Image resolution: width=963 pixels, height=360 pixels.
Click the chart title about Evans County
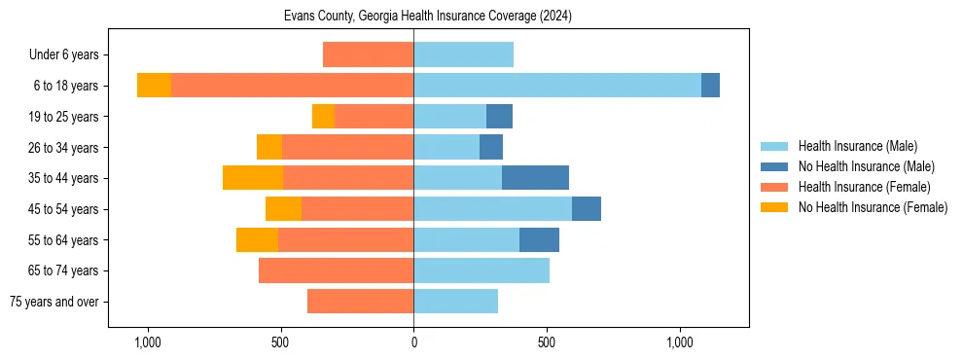[x=429, y=17]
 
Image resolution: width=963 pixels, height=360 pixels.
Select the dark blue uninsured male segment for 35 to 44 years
[x=535, y=178]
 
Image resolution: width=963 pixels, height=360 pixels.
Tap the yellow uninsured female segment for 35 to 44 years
[x=253, y=178]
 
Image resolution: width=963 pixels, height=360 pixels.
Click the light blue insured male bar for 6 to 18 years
[x=557, y=86]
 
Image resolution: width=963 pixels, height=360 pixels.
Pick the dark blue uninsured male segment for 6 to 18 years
[x=710, y=86]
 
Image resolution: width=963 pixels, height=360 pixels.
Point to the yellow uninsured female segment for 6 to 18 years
[x=154, y=86]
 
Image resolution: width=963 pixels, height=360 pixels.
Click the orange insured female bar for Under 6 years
[x=368, y=54]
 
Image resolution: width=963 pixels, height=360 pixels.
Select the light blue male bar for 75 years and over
[x=455, y=302]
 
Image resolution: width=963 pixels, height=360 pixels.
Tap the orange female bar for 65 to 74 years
[x=336, y=270]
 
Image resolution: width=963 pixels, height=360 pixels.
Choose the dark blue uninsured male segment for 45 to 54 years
[x=587, y=209]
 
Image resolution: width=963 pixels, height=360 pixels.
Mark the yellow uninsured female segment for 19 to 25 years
[x=323, y=117]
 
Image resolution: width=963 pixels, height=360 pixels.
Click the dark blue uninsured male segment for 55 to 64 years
[x=539, y=239]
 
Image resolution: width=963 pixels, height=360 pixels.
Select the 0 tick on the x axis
[x=413, y=342]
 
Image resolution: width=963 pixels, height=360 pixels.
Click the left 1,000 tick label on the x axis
[x=147, y=342]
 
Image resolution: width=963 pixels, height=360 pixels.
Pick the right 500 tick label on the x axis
[x=547, y=342]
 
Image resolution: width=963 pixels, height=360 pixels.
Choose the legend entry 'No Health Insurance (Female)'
[x=872, y=207]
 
